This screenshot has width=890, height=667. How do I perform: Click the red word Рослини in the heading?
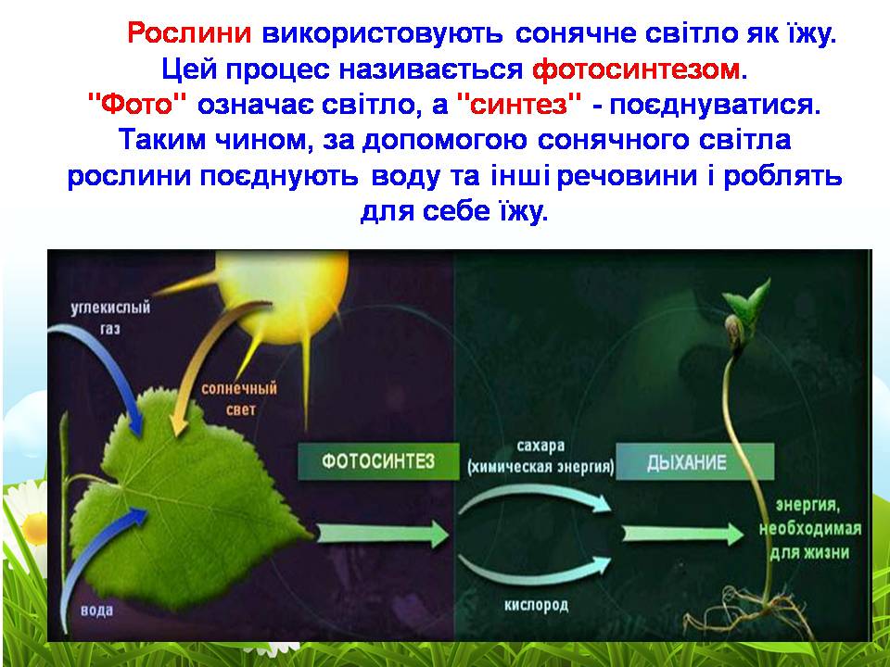point(189,34)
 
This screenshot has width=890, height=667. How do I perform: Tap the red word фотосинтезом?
point(638,69)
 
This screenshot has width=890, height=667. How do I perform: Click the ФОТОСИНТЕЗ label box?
point(377,461)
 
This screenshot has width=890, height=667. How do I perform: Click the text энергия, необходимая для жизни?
point(810,529)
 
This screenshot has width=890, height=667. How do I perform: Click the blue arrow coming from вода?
point(93,547)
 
